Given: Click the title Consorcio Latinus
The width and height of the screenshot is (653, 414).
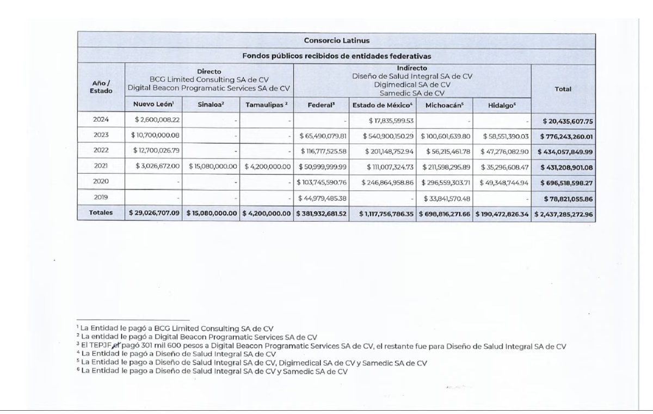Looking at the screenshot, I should pos(336,40).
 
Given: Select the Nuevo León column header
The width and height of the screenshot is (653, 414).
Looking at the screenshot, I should pos(154,105).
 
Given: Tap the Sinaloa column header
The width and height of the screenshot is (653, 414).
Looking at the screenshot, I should pos(212,105).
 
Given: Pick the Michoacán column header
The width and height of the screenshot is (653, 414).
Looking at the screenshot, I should pos(445,105).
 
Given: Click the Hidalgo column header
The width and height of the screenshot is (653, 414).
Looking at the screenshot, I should pos(501,105).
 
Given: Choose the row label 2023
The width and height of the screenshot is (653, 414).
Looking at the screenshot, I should pos(101,135).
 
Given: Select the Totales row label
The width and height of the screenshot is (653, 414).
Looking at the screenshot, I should pos(101,213).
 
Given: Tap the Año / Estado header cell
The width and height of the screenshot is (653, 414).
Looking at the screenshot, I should pos(101,87).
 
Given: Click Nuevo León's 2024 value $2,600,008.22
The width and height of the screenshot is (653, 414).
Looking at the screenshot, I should pos(157,119).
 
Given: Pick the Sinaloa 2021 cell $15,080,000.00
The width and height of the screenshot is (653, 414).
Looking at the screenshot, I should pos(213,166).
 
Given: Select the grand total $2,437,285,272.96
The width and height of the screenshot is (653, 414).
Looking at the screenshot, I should pos(563,214).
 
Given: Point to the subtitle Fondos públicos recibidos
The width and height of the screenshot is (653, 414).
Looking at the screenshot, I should pos(336,56).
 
